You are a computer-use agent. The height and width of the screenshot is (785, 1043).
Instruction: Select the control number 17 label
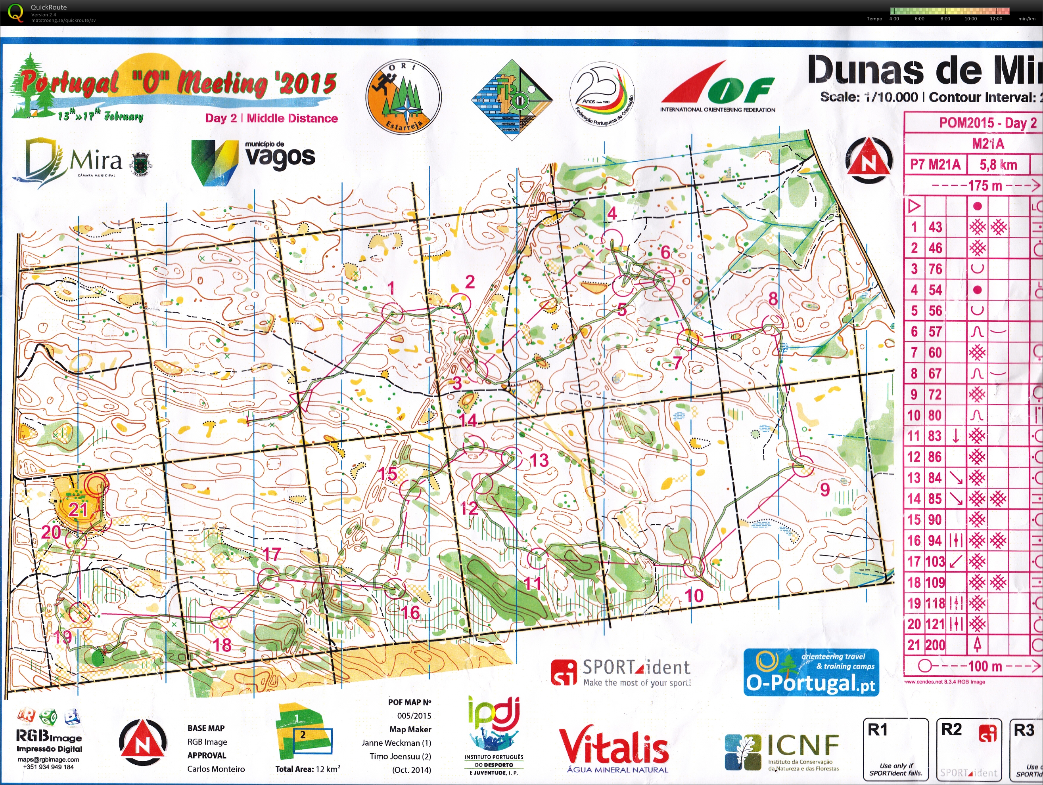[272, 554]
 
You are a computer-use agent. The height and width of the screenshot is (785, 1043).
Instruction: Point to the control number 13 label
[539, 460]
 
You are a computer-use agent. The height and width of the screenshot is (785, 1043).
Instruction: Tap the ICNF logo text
[803, 745]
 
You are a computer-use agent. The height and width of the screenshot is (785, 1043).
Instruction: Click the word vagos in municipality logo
[280, 157]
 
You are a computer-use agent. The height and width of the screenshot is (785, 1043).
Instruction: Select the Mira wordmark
[96, 161]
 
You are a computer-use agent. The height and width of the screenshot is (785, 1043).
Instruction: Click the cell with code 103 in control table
[935, 562]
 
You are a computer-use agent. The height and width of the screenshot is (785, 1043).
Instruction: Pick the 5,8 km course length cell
[998, 164]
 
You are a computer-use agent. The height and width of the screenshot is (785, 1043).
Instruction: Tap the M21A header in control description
[988, 143]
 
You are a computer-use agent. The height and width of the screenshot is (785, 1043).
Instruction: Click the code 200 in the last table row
[935, 645]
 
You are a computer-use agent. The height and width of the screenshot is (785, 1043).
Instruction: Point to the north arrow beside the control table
[869, 162]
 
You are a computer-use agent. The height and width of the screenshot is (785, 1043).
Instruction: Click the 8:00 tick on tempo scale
[945, 19]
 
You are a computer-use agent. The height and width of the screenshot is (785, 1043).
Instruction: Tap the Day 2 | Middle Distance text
[272, 118]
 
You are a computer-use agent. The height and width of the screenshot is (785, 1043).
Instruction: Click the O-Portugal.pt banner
[811, 672]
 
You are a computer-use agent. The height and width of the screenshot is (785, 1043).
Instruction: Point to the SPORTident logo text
[636, 667]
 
